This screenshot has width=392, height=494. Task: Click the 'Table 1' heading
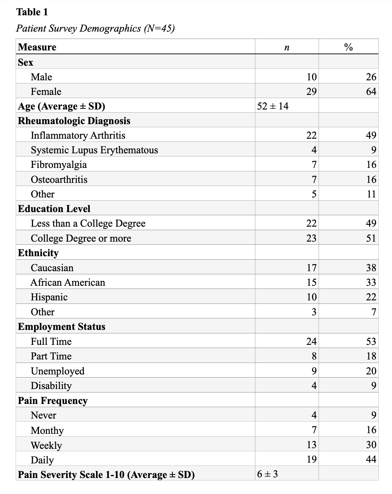[x=32, y=12]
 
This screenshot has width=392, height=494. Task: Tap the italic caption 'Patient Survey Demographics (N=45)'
[x=95, y=28]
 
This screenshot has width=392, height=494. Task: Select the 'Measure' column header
[x=37, y=47]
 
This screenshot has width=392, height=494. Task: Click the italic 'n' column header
[x=287, y=48]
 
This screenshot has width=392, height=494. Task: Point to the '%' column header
[x=348, y=47]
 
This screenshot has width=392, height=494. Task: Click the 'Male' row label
[x=41, y=77]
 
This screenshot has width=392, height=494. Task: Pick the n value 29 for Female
[x=311, y=91]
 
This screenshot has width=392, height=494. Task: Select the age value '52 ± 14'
[x=273, y=106]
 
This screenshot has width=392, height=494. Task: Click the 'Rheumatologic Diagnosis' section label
[x=74, y=121]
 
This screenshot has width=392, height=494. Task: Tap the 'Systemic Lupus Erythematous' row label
[x=94, y=150]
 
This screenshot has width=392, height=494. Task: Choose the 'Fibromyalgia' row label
[x=59, y=164]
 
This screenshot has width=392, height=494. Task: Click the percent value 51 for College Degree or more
[x=371, y=238]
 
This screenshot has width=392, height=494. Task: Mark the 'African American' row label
[x=68, y=282]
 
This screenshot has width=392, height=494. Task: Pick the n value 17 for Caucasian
[x=311, y=268]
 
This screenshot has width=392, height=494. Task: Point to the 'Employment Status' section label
[x=62, y=326]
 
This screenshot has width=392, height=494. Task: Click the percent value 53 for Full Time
[x=371, y=341]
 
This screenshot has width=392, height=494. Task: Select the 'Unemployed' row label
[x=57, y=371]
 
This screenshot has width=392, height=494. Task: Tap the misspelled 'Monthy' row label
[x=47, y=430]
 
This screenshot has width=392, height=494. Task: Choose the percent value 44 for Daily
[x=371, y=459]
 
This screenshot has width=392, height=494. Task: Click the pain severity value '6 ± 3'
[x=267, y=474]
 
